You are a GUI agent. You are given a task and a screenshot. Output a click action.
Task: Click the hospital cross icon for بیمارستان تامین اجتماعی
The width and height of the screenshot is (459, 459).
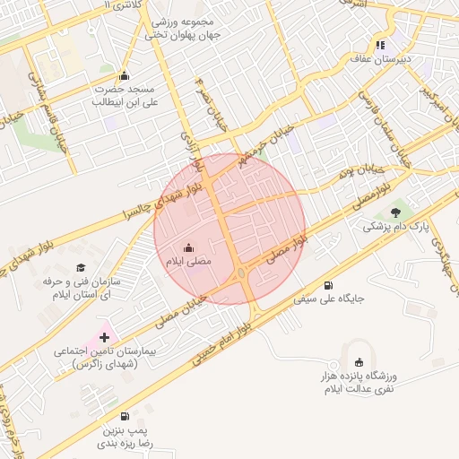click(105, 337)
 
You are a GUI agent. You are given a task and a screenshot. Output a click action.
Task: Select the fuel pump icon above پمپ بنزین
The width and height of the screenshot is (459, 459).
click(124, 416)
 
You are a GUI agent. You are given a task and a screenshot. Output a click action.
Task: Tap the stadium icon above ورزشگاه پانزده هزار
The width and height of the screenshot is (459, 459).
click(360, 361)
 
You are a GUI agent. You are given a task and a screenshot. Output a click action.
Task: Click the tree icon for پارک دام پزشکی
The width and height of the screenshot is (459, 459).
click(395, 212)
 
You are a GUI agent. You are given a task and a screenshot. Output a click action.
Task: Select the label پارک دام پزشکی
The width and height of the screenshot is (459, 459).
click(396, 227)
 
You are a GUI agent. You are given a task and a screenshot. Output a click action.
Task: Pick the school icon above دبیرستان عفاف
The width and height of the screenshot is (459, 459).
click(381, 45)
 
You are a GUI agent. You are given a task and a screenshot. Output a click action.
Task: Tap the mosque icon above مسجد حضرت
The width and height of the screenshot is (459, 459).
click(124, 75)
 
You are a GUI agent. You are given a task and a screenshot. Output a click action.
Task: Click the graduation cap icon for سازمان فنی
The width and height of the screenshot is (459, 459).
click(81, 267)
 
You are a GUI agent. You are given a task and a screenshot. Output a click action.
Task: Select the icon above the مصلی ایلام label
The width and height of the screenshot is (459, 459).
click(188, 247)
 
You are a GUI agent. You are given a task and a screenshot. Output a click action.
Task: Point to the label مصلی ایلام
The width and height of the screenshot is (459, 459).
click(188, 261)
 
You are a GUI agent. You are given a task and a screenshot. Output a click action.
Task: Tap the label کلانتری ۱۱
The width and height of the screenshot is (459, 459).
click(124, 5)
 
